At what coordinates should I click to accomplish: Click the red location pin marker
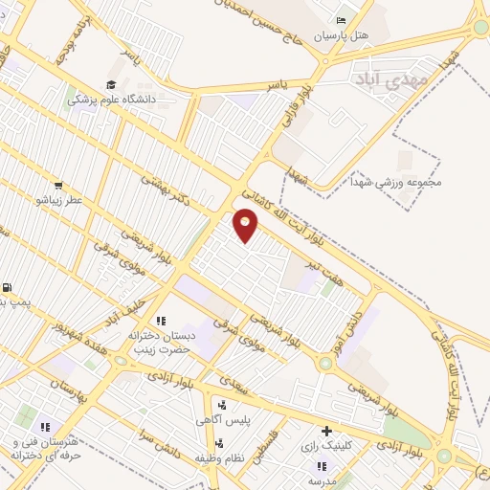[246, 223]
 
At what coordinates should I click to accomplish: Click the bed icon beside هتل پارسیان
[342, 21]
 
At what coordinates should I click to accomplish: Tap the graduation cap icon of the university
[111, 86]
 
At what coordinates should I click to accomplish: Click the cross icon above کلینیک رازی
[327, 432]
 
